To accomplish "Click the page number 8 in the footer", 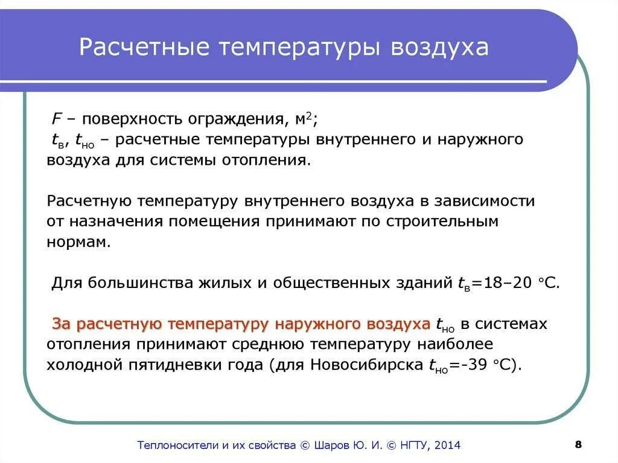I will pos(578,444).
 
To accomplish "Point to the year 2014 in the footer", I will pos(447,445).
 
